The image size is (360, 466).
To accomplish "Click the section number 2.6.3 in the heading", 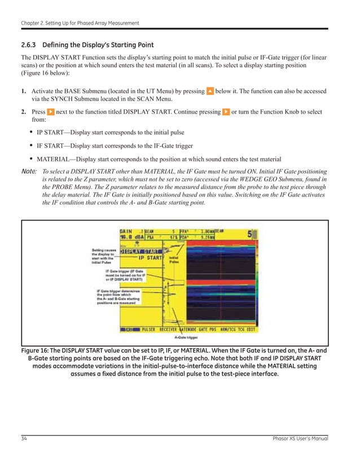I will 29,45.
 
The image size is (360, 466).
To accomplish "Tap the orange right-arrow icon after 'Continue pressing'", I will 226,112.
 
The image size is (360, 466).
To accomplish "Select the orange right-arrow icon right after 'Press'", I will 51,112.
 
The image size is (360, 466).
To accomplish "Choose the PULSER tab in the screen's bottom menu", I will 148,328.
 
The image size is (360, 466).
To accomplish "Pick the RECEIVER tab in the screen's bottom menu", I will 169,328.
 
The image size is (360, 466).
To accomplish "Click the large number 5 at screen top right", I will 249,234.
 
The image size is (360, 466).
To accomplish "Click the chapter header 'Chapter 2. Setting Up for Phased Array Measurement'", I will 80,23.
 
